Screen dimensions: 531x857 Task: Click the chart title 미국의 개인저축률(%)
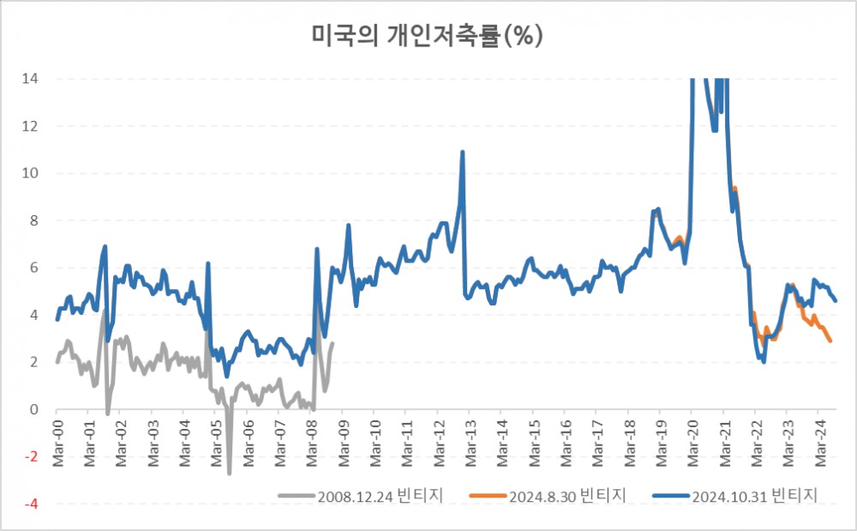428,36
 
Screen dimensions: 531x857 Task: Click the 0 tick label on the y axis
34,410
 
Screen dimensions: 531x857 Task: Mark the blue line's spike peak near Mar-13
463,152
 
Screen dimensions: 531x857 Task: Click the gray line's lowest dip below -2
229,473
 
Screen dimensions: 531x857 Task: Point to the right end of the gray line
333,343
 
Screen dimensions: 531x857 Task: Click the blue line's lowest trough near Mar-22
764,362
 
